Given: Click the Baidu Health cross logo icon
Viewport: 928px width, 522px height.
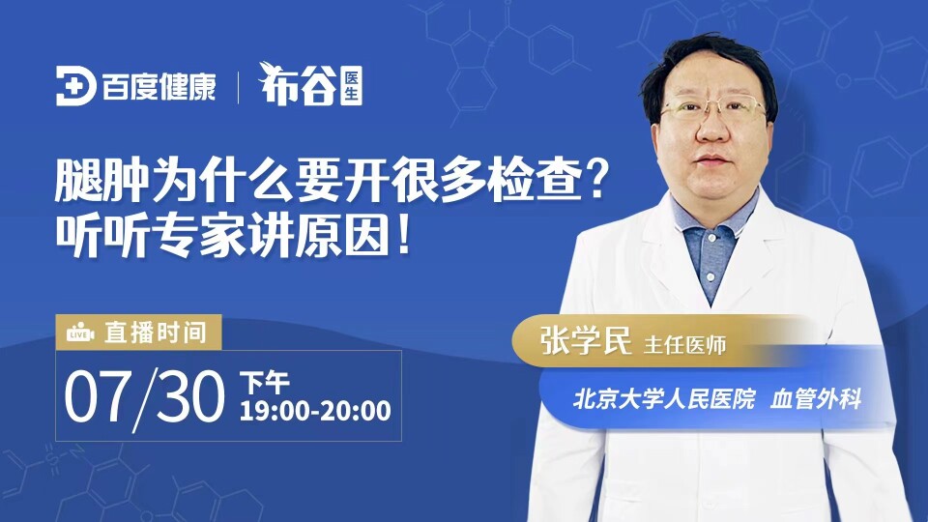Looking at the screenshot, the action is tap(75, 86).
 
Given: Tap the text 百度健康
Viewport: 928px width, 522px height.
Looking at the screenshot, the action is tap(159, 86).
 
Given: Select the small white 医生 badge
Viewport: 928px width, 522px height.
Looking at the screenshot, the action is tap(352, 86).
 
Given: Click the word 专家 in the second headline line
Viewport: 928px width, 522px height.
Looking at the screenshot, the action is tap(198, 235).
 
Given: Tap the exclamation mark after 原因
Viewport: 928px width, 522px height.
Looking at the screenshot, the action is tap(405, 235).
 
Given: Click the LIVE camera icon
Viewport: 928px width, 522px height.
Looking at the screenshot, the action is tap(80, 333).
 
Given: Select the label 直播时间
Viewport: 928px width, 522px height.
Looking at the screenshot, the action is tap(156, 333).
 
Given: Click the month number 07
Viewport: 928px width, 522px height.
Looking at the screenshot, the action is tap(96, 396).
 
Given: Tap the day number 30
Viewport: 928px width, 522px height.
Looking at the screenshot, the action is tap(192, 396).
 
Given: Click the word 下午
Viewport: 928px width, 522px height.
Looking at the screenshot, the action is tap(265, 383).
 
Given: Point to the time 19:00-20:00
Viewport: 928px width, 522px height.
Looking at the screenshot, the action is tap(315, 411).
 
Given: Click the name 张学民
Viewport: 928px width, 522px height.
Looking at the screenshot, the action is tap(586, 340).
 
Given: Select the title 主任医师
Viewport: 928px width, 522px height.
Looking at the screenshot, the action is tap(684, 345).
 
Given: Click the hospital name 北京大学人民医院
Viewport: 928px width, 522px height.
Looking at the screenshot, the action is tap(664, 399).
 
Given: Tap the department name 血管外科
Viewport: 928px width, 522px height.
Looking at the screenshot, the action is tap(816, 399).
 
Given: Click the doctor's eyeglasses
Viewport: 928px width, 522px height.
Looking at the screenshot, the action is tap(714, 108).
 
